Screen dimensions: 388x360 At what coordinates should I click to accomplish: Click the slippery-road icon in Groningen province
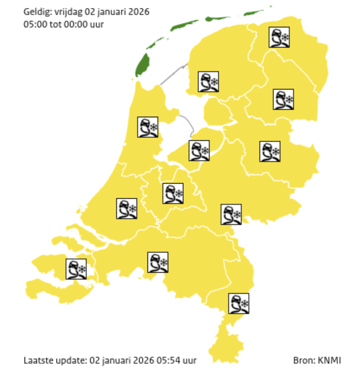click(x=279, y=37)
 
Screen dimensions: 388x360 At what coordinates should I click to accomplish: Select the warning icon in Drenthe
click(x=284, y=99)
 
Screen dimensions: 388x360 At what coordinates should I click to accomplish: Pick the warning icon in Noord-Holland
click(x=148, y=127)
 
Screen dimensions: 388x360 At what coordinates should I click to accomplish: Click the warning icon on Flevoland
click(x=199, y=150)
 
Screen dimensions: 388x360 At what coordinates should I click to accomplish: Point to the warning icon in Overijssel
click(x=270, y=151)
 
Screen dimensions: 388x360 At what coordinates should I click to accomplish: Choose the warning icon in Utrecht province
click(x=173, y=193)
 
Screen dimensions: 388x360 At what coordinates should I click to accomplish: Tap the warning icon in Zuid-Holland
click(x=127, y=209)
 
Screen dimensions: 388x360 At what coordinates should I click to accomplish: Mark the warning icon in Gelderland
click(x=231, y=214)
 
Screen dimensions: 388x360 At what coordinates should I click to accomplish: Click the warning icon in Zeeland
click(x=76, y=269)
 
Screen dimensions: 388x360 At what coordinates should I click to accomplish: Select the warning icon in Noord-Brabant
click(x=158, y=262)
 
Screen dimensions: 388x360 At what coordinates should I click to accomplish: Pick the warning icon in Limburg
click(x=239, y=303)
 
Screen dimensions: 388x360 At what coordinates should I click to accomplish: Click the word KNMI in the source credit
click(x=329, y=361)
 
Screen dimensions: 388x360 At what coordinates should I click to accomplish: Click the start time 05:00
click(x=33, y=24)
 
